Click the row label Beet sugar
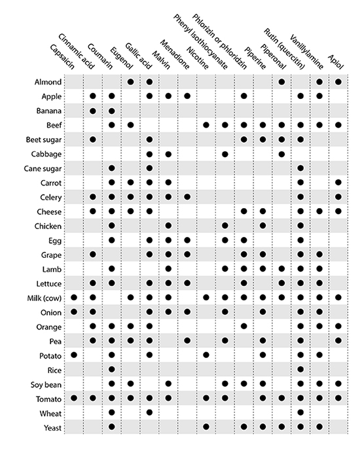(44, 139)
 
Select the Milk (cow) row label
(45, 298)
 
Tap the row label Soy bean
(46, 385)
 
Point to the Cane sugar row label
(43, 168)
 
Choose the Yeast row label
(52, 428)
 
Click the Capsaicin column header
(62, 57)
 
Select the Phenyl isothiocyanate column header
(200, 42)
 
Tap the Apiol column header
(336, 62)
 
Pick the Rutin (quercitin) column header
(285, 49)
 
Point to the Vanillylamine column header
(306, 52)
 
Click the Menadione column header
(175, 54)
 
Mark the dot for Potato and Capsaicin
(74, 355)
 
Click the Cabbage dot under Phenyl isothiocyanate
(225, 154)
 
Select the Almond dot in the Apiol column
(338, 82)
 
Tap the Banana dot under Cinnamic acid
(93, 111)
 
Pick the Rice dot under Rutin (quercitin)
(300, 369)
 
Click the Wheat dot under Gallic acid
(149, 412)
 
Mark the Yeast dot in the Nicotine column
(206, 427)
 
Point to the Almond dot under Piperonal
(281, 82)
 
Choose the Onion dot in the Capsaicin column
(74, 312)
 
